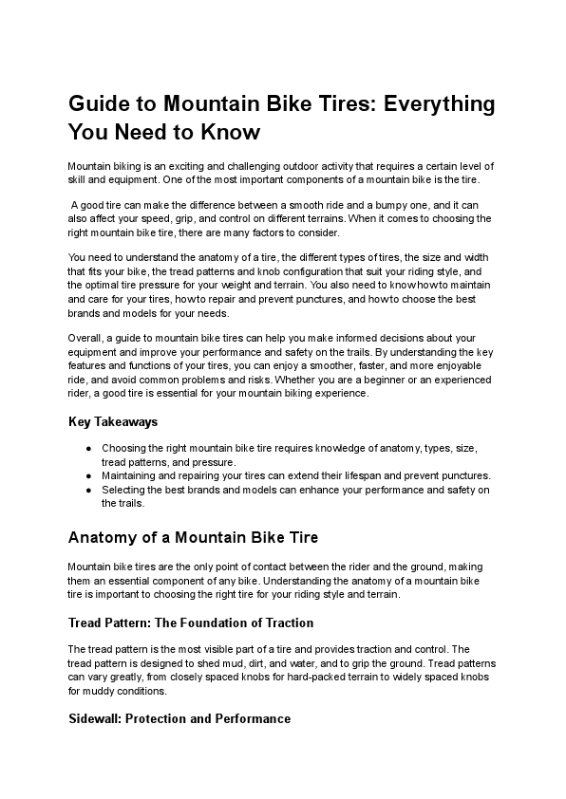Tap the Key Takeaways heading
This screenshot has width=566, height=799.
[x=113, y=421]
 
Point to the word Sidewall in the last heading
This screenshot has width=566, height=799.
[x=98, y=718]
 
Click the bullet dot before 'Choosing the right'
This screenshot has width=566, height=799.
[x=88, y=448]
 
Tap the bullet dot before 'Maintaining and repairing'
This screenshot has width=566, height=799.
[x=88, y=475]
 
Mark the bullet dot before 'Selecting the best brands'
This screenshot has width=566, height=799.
[x=88, y=490]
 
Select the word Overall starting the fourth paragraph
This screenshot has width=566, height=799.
[x=86, y=339]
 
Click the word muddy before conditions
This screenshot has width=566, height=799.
[x=104, y=691]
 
